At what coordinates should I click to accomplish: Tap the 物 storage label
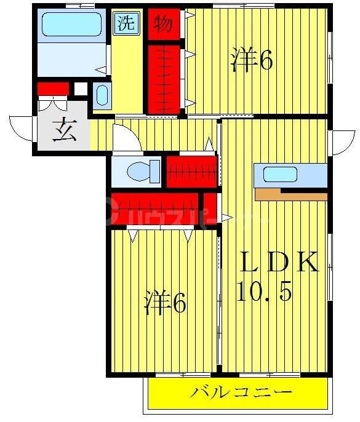click(163, 24)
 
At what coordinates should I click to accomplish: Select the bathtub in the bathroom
click(71, 26)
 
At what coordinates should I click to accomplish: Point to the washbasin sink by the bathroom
click(102, 96)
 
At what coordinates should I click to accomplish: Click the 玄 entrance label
click(63, 131)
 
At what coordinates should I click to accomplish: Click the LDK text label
click(279, 263)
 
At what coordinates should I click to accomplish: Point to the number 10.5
click(263, 292)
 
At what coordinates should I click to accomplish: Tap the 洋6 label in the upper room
click(252, 60)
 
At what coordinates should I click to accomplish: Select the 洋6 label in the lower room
click(165, 303)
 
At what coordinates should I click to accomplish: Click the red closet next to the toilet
click(191, 172)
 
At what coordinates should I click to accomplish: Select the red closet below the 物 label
click(164, 77)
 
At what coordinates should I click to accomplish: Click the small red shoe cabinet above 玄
click(52, 89)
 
